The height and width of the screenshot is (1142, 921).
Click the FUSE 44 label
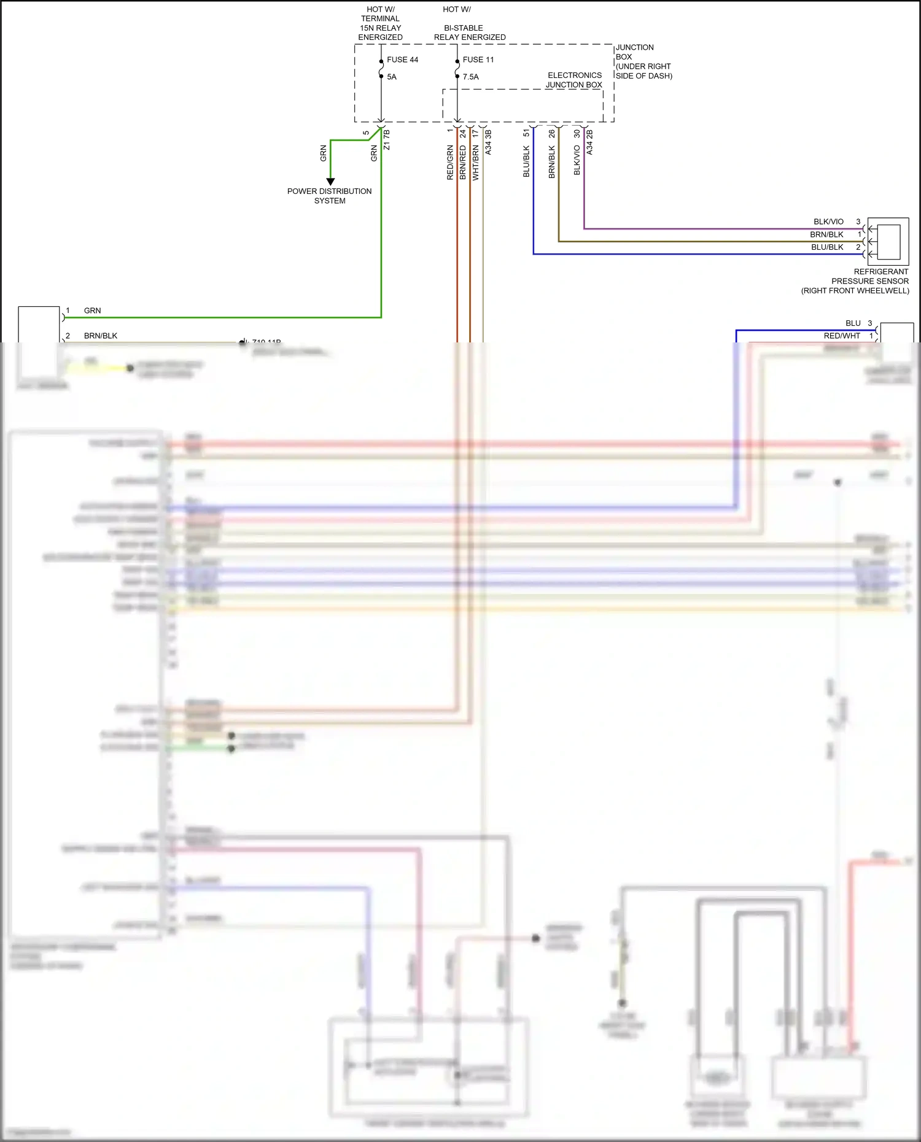tap(402, 60)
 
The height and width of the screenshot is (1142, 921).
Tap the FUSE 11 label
tap(478, 60)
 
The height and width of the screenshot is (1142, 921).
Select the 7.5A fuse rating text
tap(470, 77)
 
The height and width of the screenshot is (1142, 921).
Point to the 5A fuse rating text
tap(392, 77)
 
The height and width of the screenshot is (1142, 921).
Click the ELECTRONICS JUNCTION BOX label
tap(574, 80)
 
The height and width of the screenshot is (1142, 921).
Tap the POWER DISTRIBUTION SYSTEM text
tap(330, 196)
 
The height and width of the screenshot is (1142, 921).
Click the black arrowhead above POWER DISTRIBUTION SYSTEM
tap(330, 182)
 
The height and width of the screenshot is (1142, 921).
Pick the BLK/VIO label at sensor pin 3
tap(828, 222)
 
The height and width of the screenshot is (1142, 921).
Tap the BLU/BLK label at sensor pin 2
tap(827, 247)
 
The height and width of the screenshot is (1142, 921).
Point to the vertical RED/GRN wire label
tap(450, 163)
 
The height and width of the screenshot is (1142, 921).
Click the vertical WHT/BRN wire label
tap(475, 163)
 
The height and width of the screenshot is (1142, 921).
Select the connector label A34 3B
tap(488, 142)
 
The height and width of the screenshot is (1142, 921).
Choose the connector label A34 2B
tap(589, 142)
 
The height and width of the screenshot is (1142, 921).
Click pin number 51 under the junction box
tap(526, 133)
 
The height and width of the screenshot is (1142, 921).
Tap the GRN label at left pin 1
tap(92, 311)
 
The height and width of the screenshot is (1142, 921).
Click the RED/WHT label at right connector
tap(842, 336)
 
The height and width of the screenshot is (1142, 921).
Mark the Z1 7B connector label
tap(386, 139)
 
